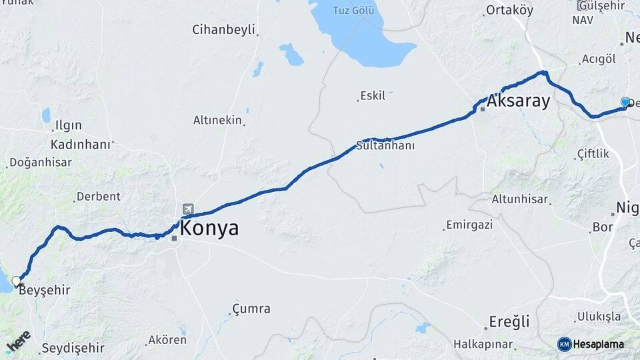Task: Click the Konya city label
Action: tap(209, 229)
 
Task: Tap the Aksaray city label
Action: tap(518, 101)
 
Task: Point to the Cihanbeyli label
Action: tap(223, 29)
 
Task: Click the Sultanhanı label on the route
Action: tap(385, 145)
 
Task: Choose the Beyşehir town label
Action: tap(44, 290)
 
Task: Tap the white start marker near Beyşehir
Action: tap(16, 281)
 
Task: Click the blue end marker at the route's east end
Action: tap(625, 102)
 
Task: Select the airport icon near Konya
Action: tap(187, 210)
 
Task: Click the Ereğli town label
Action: tap(509, 322)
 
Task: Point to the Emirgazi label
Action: tap(469, 225)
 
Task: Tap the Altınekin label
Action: tap(217, 120)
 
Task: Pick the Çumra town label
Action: tap(251, 309)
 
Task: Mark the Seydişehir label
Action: tap(73, 348)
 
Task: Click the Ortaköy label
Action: tap(510, 10)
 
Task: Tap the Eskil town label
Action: tap(372, 96)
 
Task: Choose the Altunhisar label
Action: tap(519, 199)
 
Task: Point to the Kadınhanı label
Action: tap(81, 144)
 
